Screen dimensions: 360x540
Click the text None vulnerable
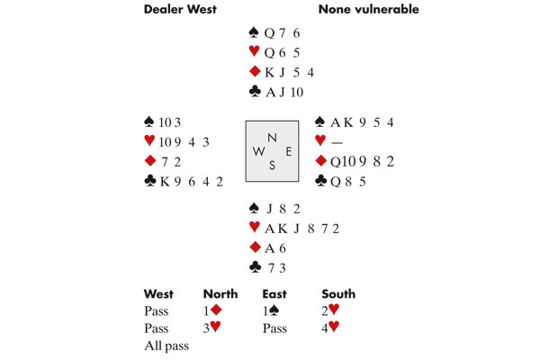coord(368,10)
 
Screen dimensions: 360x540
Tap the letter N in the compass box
coord(271,136)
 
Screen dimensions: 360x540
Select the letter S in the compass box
coord(271,165)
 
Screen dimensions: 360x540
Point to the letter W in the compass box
coord(258,150)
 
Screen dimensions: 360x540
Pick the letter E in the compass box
coord(287,150)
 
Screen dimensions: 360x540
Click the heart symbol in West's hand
coord(149,141)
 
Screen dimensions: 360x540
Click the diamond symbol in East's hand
coord(320,161)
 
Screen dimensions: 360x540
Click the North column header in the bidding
coord(220,293)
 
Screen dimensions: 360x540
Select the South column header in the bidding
coord(338,293)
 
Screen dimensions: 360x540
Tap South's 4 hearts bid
coord(330,328)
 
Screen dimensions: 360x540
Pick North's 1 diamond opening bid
coord(212,311)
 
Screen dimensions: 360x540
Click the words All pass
coord(166,346)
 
